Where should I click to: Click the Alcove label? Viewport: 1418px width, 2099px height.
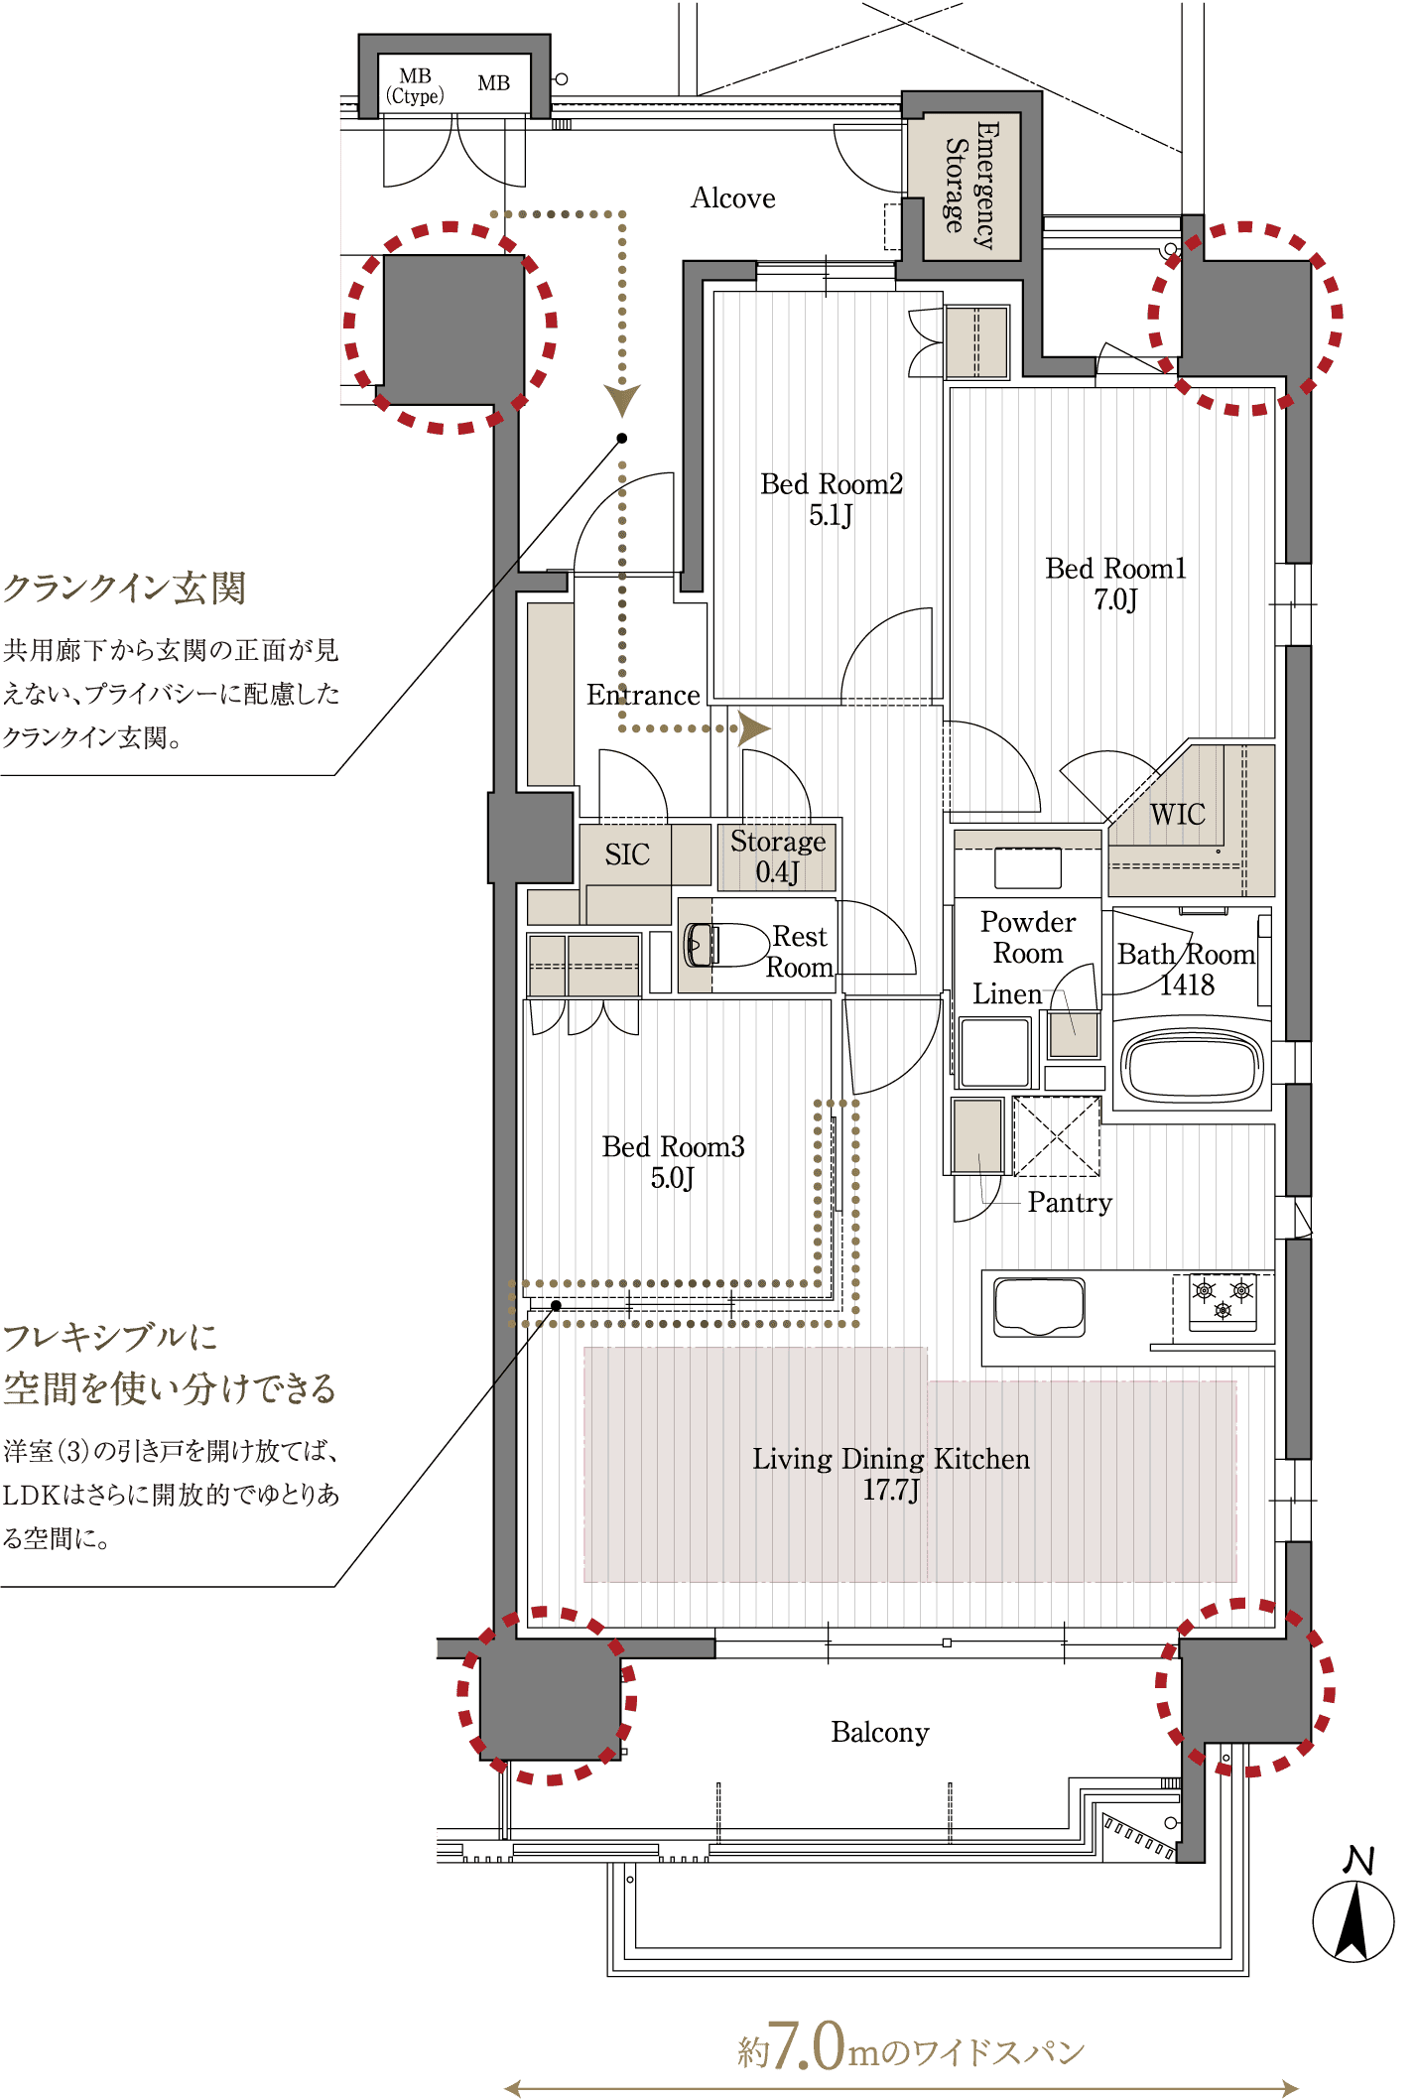click(x=732, y=198)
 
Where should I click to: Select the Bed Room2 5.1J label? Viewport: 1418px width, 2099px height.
click(x=832, y=499)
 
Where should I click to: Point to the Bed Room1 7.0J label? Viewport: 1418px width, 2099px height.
click(x=1115, y=584)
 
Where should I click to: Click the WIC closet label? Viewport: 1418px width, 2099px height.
click(x=1178, y=815)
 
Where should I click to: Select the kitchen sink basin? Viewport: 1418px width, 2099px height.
click(x=1039, y=1307)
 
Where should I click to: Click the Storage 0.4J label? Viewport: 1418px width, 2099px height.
click(x=778, y=856)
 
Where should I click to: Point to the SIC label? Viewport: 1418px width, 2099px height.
click(x=627, y=854)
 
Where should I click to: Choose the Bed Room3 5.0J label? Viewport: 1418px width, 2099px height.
click(x=673, y=1162)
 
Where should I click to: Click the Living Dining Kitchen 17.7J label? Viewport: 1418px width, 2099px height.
click(x=891, y=1474)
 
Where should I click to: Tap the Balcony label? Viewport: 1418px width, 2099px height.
click(x=880, y=1732)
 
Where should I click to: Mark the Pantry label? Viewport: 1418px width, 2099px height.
click(x=1070, y=1203)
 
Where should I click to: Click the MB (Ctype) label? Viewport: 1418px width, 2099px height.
click(x=415, y=86)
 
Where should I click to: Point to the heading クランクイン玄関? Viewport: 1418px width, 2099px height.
click(x=124, y=589)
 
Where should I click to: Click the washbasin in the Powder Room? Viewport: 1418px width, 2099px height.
click(x=1028, y=868)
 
